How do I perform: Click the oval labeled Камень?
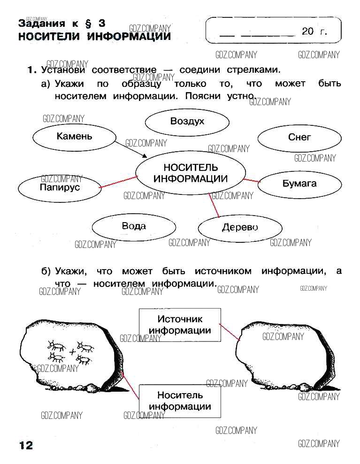pos(74,137)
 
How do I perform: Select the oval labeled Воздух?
pos(187,122)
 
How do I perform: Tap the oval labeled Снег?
pos(299,138)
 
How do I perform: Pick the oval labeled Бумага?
pos(299,184)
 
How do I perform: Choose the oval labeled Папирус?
pos(60,187)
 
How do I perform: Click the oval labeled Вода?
pos(133,226)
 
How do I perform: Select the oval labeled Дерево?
pos(240,228)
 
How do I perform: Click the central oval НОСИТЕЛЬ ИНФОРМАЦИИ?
pos(190,173)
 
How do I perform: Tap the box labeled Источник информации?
pos(180,325)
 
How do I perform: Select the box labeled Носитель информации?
pos(180,401)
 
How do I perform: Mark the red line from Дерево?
pos(214,205)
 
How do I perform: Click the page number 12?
pos(26,445)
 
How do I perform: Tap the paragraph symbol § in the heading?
pos(87,23)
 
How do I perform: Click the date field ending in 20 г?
pos(273,32)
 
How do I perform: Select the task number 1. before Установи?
pos(31,70)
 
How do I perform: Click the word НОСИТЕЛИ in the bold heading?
pos(50,36)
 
